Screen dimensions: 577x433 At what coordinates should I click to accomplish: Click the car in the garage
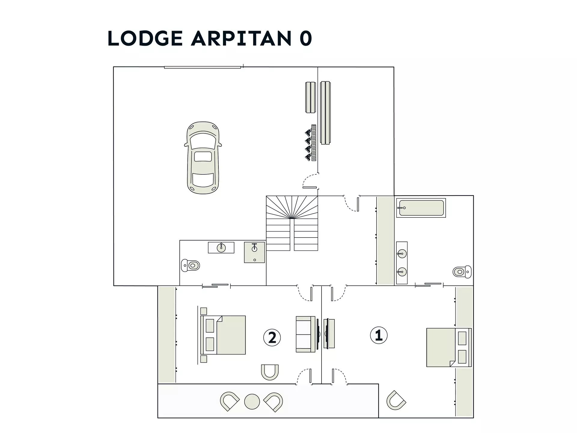pos(203,158)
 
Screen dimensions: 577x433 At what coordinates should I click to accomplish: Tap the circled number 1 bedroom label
pos(379,335)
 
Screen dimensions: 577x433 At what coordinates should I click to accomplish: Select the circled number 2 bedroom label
pos(272,337)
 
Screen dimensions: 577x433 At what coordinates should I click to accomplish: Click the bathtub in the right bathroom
pos(421,208)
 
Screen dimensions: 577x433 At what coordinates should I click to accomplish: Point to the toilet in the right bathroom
pos(462,272)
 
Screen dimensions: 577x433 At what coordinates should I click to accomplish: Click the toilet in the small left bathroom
pos(191,266)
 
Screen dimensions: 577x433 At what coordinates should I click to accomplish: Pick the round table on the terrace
pos(252,401)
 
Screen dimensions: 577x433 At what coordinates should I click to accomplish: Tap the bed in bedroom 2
pos(223,335)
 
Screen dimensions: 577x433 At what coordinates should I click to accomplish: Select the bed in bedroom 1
pos(449,347)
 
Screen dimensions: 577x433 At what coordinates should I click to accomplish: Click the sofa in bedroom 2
pos(306,334)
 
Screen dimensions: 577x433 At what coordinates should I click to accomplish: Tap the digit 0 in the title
pos(306,38)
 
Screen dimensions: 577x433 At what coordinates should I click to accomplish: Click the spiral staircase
pos(292,223)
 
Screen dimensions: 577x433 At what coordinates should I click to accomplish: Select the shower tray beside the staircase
pos(254,252)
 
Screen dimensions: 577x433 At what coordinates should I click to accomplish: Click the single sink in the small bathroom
pos(221,247)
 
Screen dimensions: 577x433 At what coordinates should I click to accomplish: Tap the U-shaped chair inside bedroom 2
pos(270,372)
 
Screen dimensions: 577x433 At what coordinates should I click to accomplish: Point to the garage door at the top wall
pos(202,67)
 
